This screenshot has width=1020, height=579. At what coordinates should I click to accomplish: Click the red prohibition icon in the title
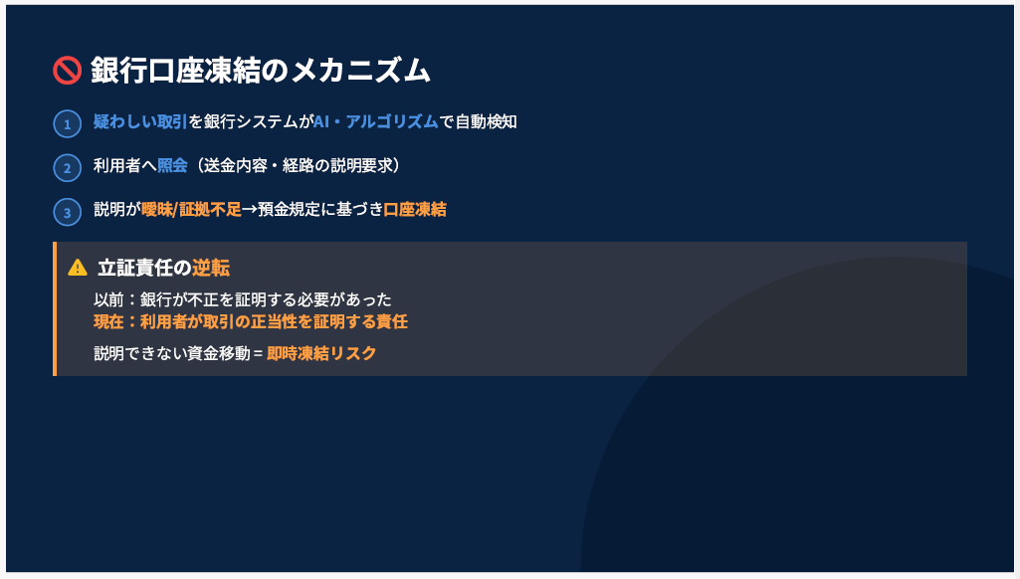[x=67, y=71]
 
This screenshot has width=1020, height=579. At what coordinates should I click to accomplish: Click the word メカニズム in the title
[x=360, y=71]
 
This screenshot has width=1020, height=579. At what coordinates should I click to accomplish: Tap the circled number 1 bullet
[x=67, y=123]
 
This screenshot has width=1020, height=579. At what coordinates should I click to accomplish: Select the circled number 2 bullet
[x=67, y=167]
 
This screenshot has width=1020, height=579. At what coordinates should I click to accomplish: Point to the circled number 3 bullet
[x=67, y=212]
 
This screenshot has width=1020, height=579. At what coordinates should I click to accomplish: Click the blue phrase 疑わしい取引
[x=140, y=121]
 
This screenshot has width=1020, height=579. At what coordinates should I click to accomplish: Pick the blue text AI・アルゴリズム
[x=375, y=121]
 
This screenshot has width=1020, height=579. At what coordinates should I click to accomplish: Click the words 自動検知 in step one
[x=486, y=121]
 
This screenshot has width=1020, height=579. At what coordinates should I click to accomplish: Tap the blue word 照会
[x=172, y=165]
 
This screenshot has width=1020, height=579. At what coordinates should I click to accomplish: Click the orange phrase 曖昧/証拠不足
[x=191, y=210]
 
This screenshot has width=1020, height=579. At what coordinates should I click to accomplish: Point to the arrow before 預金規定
[x=249, y=210]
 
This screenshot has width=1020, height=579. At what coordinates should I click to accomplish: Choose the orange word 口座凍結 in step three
[x=415, y=210]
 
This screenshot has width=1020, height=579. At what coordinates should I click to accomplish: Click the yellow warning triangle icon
[x=78, y=268]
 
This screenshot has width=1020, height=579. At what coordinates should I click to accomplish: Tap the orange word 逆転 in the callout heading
[x=211, y=268]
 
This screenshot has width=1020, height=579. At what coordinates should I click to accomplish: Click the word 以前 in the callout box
[x=108, y=299]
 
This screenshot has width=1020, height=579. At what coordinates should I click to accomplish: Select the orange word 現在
[x=108, y=321]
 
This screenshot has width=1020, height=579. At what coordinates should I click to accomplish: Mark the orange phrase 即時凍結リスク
[x=321, y=353]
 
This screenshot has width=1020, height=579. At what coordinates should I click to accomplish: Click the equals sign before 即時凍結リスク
[x=259, y=353]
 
